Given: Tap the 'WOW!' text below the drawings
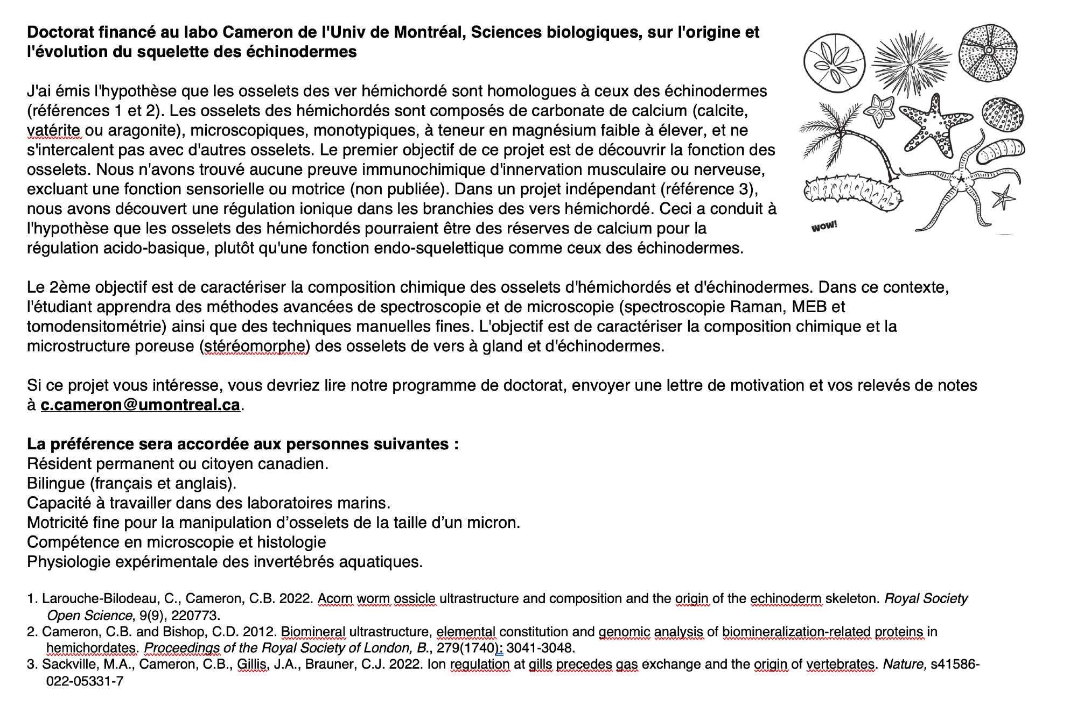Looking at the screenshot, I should (824, 227).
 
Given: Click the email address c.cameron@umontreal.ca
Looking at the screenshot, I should (140, 405).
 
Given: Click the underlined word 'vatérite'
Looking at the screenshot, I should (54, 130).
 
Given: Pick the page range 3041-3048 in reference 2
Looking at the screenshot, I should (541, 647).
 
